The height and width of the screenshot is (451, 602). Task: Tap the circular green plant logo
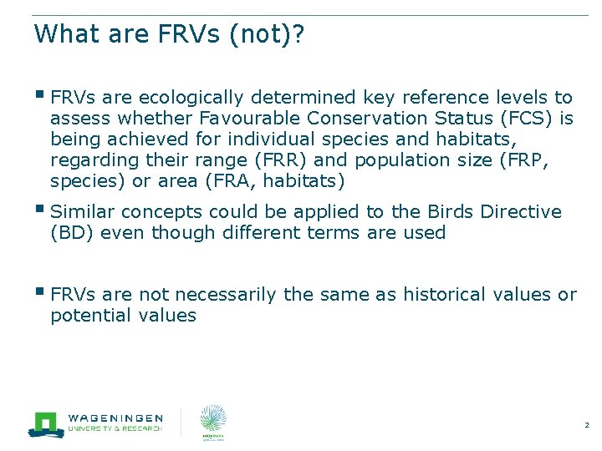click(213, 418)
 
